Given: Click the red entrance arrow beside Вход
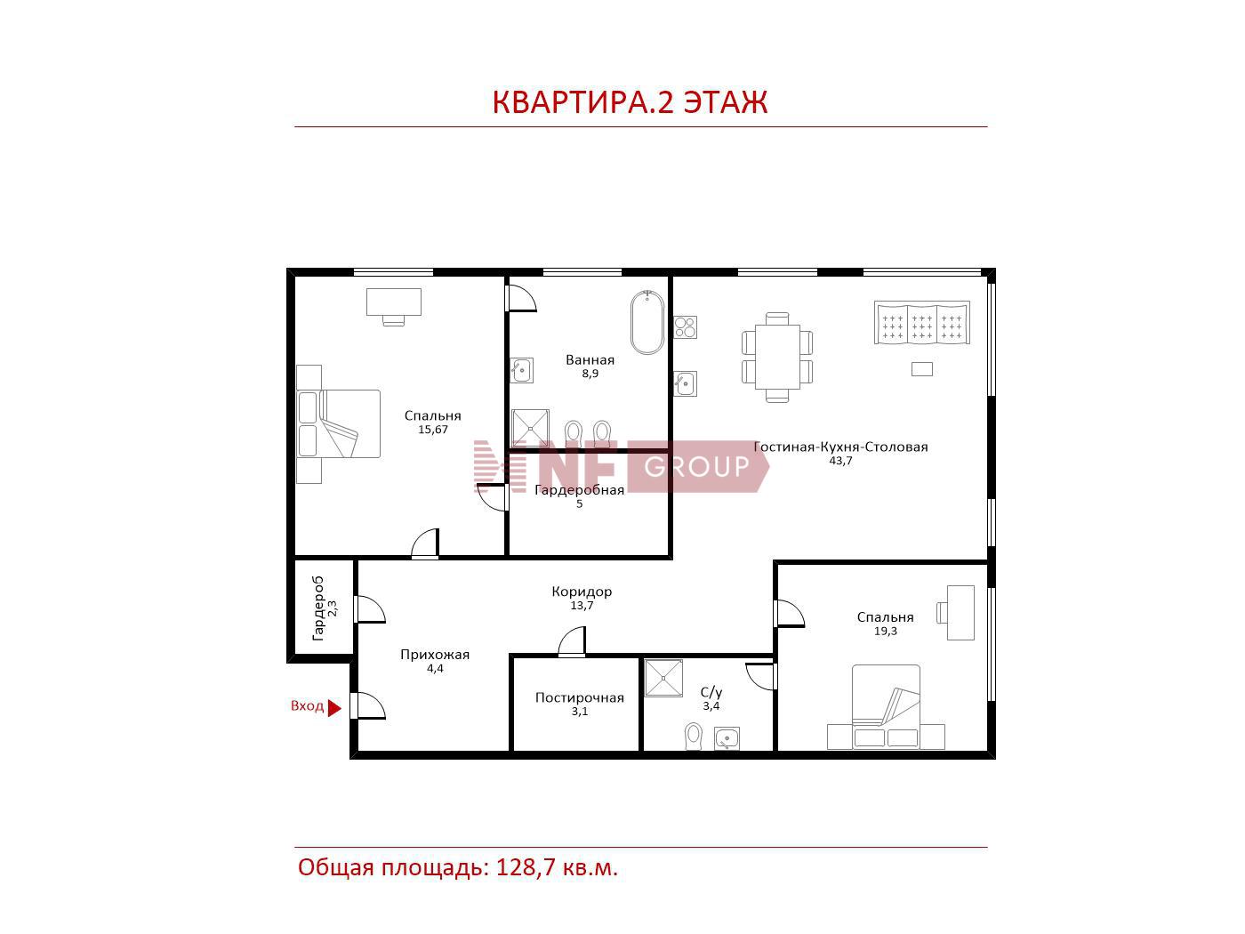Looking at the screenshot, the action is pyautogui.click(x=334, y=708).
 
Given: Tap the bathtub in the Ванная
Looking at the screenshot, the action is pyautogui.click(x=647, y=322).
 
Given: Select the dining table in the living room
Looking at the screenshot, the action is pyautogui.click(x=777, y=357).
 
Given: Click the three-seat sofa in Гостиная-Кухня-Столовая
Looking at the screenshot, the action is pyautogui.click(x=921, y=323).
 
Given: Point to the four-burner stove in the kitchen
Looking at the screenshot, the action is pyautogui.click(x=685, y=327).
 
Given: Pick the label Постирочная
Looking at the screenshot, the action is pyautogui.click(x=579, y=698).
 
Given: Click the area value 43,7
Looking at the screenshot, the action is pyautogui.click(x=840, y=461).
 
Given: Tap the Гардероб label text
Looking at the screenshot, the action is pyautogui.click(x=318, y=608).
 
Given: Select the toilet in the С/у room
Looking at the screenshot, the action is pyautogui.click(x=693, y=736).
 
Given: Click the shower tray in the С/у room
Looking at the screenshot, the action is pyautogui.click(x=664, y=677).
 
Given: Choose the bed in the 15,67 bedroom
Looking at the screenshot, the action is pyautogui.click(x=339, y=424).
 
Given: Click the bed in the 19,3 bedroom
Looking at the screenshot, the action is pyautogui.click(x=886, y=706).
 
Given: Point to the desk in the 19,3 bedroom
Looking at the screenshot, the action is pyautogui.click(x=960, y=613).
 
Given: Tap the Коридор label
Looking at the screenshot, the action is pyautogui.click(x=582, y=592).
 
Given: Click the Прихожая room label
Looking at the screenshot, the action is pyautogui.click(x=435, y=655).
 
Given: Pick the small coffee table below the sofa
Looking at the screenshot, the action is pyautogui.click(x=921, y=369).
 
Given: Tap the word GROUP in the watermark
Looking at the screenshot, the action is pyautogui.click(x=696, y=466).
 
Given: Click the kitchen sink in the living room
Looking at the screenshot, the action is pyautogui.click(x=685, y=384).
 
